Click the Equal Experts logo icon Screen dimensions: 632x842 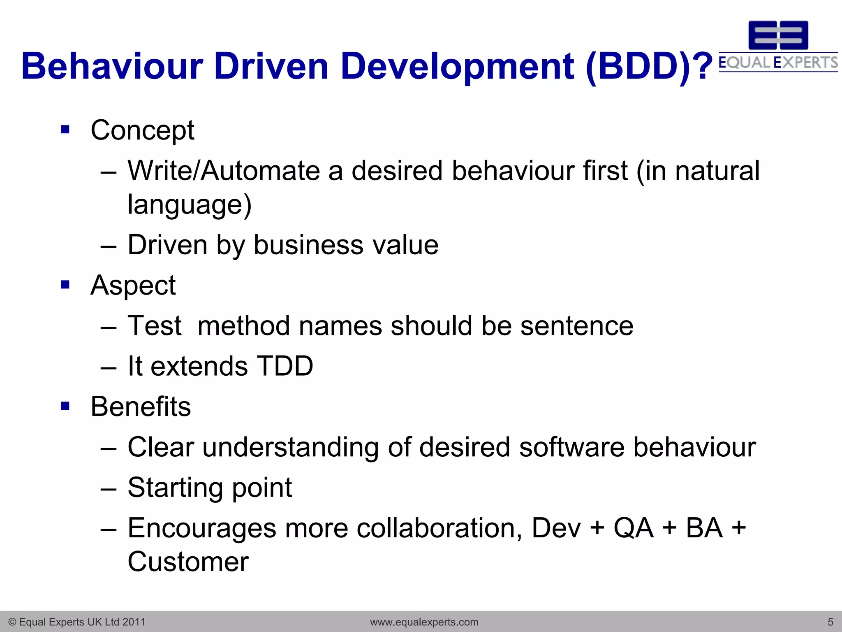pos(778,35)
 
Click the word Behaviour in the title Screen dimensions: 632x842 pos(112,66)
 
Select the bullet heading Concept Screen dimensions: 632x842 pos(142,130)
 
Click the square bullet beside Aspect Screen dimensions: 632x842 pos(65,285)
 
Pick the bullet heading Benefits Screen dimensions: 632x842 pos(141,407)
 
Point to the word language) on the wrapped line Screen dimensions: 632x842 pos(189,204)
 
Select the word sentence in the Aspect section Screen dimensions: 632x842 pos(577,326)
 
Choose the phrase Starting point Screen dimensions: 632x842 pos(210,488)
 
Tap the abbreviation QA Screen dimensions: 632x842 pos(633,528)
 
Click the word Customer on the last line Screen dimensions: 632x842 pos(188,562)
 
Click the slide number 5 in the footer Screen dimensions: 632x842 pos(830,622)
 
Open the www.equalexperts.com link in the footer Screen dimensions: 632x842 pos(424,622)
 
